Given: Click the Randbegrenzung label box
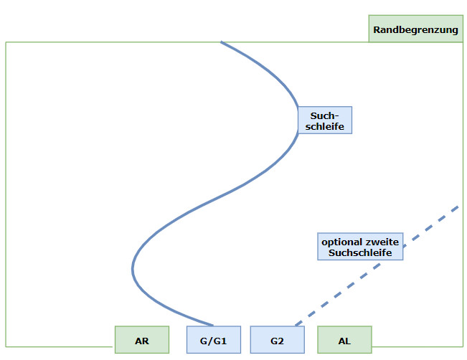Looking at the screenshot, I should pos(415,30).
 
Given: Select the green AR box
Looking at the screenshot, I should pos(142,340).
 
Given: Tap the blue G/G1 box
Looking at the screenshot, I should pos(214,340).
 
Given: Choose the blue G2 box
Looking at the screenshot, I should pos(278,340).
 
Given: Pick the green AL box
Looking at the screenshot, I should pos(344,340).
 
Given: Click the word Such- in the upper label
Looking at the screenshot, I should pos(325,115).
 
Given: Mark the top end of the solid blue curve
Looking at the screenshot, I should pos(222,42).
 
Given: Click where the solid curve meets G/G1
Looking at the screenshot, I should pos(213,326).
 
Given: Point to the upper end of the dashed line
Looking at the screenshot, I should pos(457,207).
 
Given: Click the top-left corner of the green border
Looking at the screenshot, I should pos(6,42).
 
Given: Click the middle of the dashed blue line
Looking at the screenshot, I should pos(376,266).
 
